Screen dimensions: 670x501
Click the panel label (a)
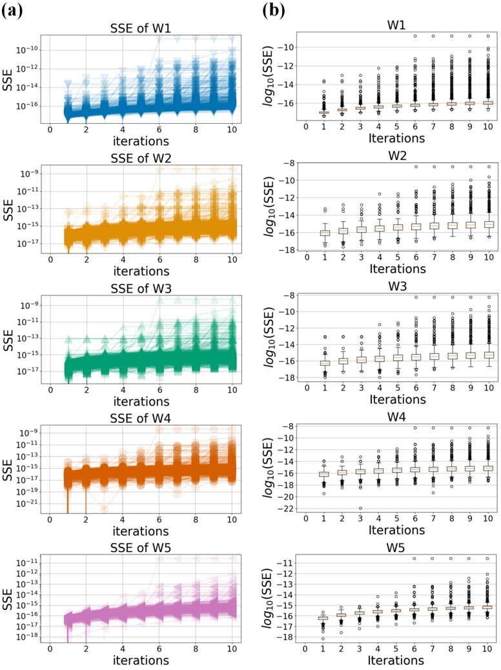coord(14,12)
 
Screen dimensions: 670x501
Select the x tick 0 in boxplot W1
coord(307,123)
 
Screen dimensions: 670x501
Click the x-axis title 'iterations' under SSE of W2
coord(140,271)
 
